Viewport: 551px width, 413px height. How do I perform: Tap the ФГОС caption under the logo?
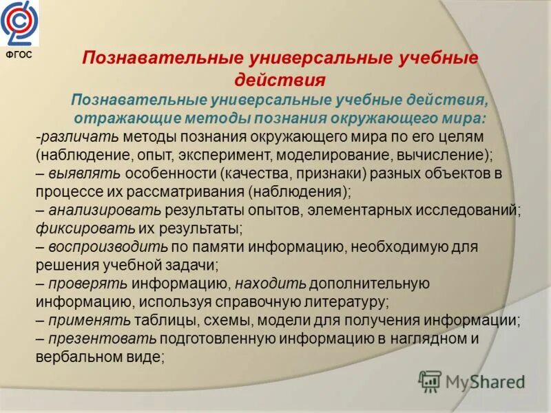pos(19,56)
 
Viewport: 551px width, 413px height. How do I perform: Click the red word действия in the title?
pos(280,79)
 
